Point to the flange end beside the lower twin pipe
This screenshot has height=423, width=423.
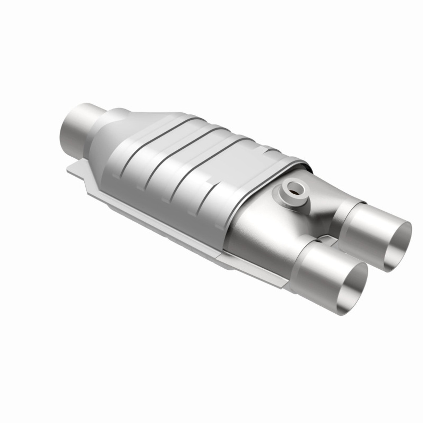point(278,284)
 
